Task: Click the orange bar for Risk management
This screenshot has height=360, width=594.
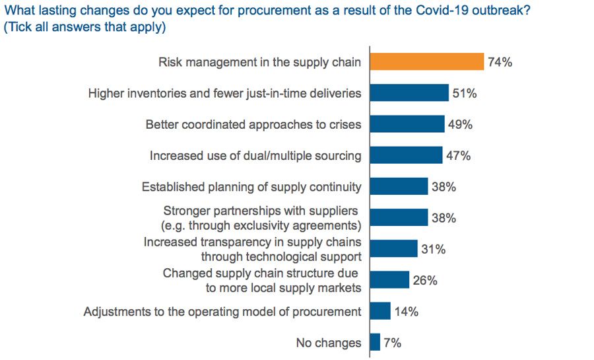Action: (x=427, y=62)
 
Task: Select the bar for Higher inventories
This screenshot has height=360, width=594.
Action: (x=409, y=93)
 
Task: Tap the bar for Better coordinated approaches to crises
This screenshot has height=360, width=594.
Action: (x=407, y=124)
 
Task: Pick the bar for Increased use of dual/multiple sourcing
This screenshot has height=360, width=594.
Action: (x=406, y=155)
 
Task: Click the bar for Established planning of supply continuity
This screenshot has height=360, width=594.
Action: (x=399, y=186)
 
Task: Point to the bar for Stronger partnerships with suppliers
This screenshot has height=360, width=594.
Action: (x=399, y=217)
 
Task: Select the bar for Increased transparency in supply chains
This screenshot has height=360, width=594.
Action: (x=393, y=248)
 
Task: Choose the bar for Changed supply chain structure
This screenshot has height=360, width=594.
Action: (x=389, y=279)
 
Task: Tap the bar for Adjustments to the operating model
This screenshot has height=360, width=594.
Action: (x=380, y=310)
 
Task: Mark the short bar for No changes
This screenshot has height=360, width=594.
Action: (x=375, y=342)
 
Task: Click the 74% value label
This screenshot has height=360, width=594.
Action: (x=500, y=63)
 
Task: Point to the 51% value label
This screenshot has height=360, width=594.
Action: (x=464, y=94)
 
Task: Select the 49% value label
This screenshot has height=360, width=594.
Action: (x=459, y=125)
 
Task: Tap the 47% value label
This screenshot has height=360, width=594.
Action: (x=457, y=156)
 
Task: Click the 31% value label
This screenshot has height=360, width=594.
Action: (x=432, y=249)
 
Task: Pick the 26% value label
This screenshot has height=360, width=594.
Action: (x=424, y=280)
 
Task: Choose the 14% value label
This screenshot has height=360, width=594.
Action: (x=406, y=311)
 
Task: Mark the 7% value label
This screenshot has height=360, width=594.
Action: (x=393, y=343)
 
